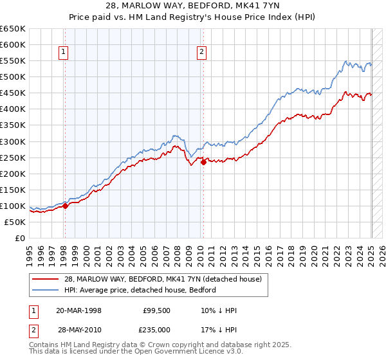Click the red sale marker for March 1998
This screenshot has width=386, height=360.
tap(65, 206)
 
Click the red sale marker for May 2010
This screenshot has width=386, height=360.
tap(203, 162)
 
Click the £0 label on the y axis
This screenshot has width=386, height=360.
tap(21, 238)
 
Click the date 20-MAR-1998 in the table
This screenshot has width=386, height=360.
tap(78, 310)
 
